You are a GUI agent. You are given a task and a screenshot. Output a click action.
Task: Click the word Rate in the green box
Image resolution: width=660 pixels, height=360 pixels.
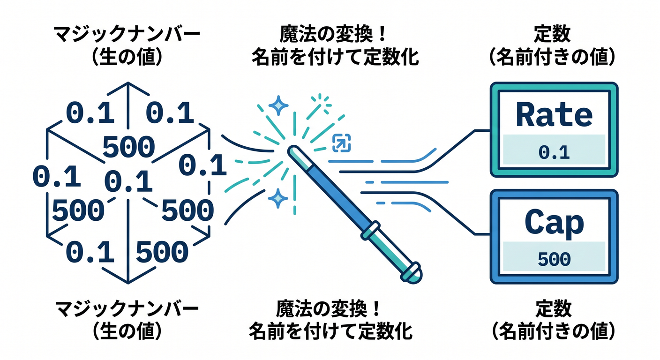click(x=554, y=114)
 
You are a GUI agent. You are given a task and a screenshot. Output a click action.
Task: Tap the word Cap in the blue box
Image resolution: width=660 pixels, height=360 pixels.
click(x=554, y=223)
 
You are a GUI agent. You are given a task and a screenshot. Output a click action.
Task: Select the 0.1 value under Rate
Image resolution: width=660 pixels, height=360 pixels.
click(x=554, y=153)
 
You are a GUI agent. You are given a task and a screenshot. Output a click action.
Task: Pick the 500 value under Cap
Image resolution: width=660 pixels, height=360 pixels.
click(x=554, y=260)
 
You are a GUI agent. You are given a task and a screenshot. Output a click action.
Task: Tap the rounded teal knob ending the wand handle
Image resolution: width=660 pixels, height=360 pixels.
click(x=412, y=272)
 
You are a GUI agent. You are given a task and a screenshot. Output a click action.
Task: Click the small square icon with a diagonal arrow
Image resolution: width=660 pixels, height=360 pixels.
click(x=342, y=143)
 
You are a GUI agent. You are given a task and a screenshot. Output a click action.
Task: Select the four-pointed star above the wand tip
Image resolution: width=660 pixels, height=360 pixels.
click(x=278, y=105)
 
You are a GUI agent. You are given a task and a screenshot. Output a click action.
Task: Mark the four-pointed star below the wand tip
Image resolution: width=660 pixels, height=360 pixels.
click(x=277, y=199)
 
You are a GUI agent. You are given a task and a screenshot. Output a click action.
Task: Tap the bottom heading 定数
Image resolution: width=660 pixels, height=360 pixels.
click(x=553, y=308)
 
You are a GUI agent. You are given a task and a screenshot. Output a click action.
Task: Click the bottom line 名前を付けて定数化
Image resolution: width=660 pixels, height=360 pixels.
click(x=330, y=331)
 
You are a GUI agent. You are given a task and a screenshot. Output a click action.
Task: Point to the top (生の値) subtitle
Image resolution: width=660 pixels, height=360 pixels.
click(x=127, y=57)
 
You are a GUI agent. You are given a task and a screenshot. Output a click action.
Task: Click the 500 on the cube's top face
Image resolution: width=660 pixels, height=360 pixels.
click(x=128, y=146)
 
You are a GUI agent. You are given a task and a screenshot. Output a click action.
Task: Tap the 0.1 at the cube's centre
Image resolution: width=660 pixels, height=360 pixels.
click(x=128, y=181)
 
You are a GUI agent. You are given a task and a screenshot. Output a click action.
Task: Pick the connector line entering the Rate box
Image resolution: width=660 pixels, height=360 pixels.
click(x=415, y=151)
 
